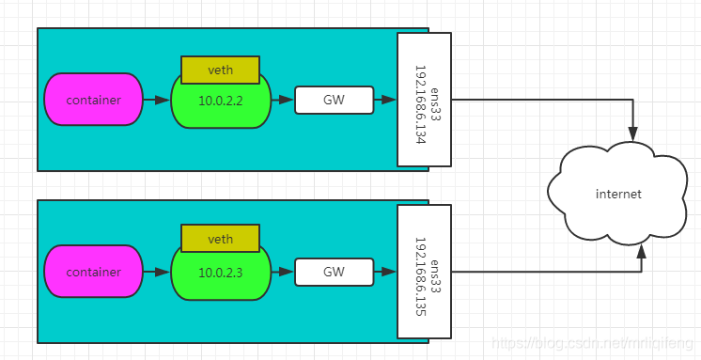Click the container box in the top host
93,100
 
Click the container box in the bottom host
93,273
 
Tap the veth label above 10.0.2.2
220,70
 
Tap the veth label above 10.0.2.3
220,240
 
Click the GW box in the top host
334,100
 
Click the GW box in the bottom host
334,273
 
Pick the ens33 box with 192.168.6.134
424,100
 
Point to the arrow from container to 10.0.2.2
157,100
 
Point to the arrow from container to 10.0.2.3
157,273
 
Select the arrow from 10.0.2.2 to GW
283,100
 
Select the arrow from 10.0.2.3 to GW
283,273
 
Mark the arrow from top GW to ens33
384,100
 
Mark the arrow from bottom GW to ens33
384,273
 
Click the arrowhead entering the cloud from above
634,132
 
